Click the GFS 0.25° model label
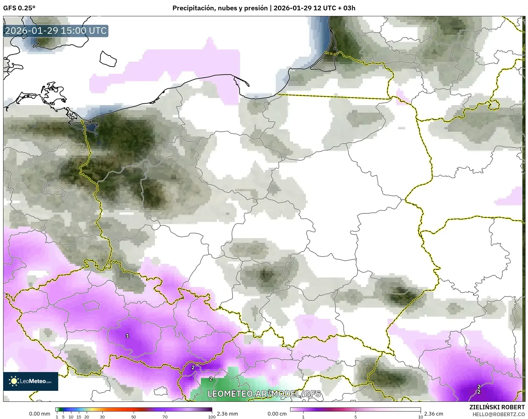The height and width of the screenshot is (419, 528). (x=19, y=8)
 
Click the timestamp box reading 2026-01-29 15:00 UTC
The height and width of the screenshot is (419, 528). (x=56, y=31)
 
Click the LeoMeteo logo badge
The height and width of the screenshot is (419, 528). (x=31, y=381)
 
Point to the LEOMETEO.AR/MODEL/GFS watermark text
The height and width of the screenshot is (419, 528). (x=264, y=394)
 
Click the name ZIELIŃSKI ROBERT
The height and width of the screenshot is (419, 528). (x=497, y=407)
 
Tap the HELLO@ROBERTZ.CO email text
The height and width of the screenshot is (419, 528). (x=498, y=414)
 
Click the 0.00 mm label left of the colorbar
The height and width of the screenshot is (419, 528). (x=39, y=414)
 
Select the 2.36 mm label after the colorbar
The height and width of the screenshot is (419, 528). (x=227, y=414)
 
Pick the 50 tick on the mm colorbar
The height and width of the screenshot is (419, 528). (x=134, y=417)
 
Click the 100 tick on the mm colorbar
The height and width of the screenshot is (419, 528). (x=212, y=417)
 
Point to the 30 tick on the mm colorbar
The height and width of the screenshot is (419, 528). (x=102, y=417)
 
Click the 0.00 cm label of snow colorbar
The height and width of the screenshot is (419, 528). (x=277, y=414)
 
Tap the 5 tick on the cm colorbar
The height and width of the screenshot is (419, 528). (x=356, y=417)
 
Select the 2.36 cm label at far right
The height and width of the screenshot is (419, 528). (x=433, y=414)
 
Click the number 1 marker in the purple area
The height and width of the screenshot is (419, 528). (x=127, y=336)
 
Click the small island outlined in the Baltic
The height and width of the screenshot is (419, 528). (x=108, y=59)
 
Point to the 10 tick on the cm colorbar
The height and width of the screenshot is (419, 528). (x=420, y=417)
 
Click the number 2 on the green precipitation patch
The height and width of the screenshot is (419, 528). (x=211, y=379)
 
